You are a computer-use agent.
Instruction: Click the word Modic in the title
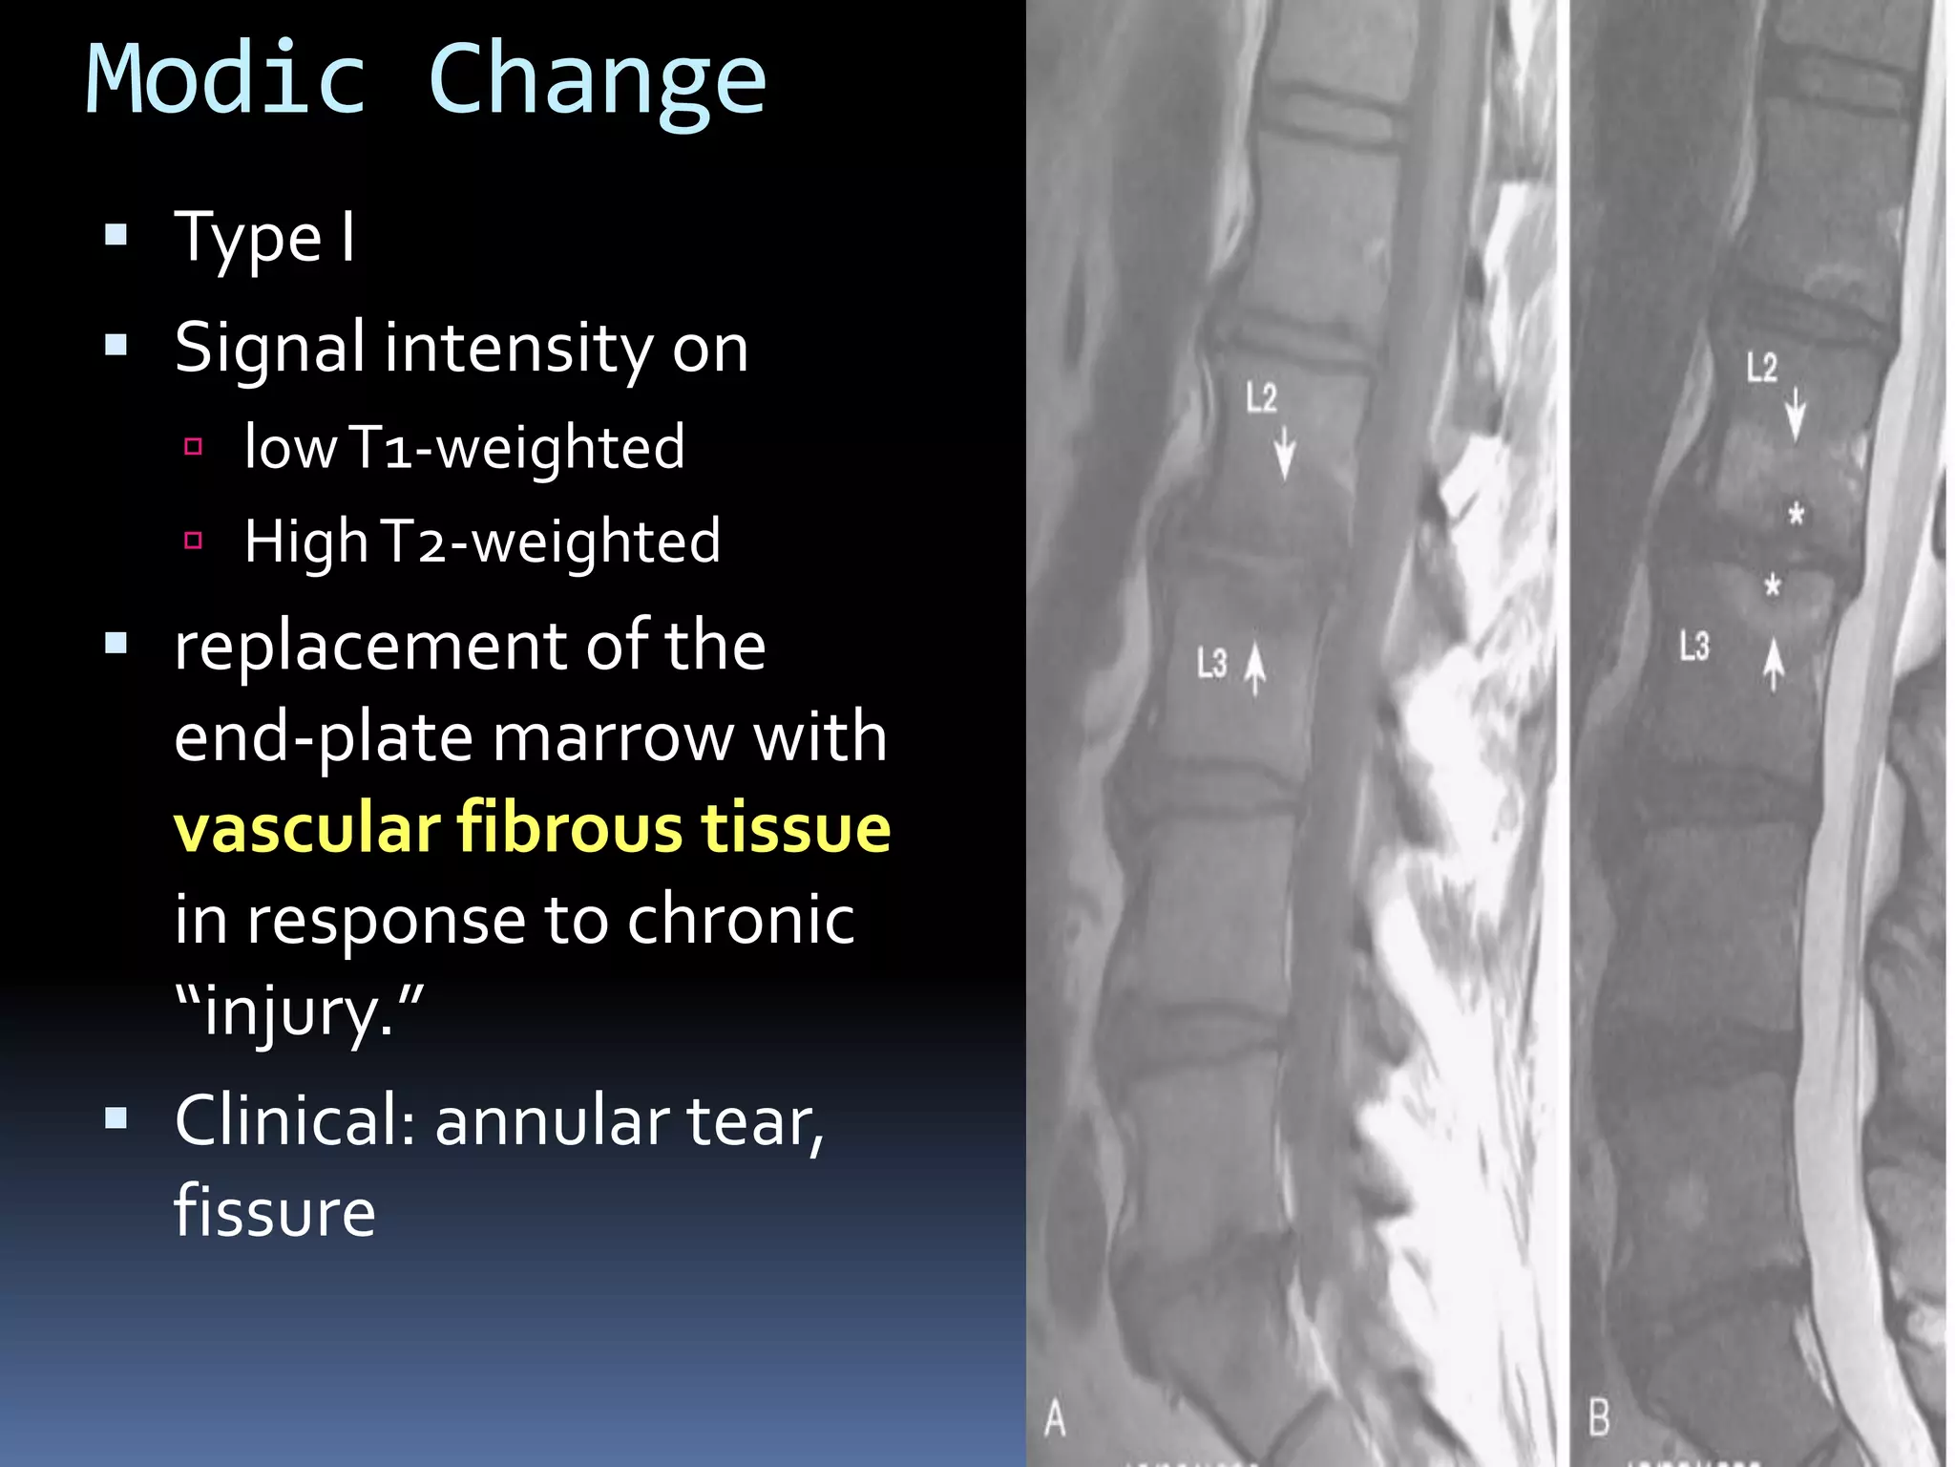(226, 79)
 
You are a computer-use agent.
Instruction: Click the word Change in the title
(598, 84)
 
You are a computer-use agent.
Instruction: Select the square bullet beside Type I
(116, 235)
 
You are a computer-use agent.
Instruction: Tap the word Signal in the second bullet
(270, 348)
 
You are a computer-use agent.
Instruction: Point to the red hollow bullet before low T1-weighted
(194, 446)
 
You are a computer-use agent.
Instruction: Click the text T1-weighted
(517, 447)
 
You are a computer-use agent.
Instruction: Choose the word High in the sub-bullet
(305, 542)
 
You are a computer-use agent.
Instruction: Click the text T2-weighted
(551, 542)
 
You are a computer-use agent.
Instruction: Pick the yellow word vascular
(306, 827)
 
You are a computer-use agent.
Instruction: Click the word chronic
(741, 920)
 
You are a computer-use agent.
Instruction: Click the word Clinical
(294, 1120)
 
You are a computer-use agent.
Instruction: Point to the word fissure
(275, 1211)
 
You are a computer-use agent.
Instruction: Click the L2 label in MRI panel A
(1261, 397)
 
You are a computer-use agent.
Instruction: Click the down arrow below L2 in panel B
(1796, 414)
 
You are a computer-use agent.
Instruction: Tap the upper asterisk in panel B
(1796, 515)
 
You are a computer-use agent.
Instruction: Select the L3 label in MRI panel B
(1694, 647)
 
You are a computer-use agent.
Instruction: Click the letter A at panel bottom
(1055, 1417)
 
